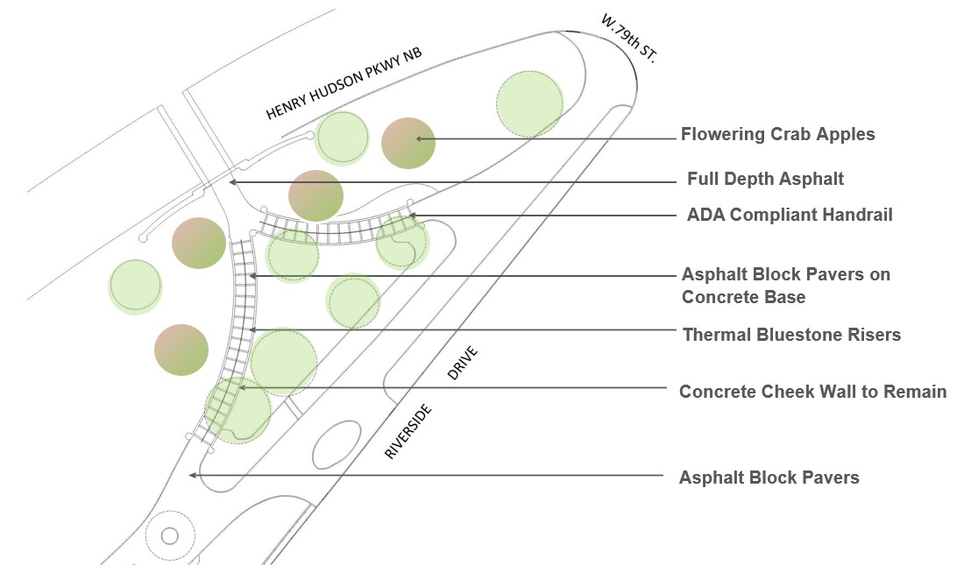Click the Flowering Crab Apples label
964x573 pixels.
777,135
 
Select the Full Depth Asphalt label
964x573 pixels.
765,180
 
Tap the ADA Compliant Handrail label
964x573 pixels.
790,215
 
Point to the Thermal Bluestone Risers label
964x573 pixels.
791,335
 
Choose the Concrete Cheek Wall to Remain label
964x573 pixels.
812,392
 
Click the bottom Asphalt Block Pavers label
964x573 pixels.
769,477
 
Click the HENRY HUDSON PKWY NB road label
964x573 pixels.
344,83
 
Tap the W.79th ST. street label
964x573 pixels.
628,36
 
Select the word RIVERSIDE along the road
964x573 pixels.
409,431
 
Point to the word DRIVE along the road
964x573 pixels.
464,363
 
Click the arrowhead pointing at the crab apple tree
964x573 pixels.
420,138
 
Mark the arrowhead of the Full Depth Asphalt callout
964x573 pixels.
231,182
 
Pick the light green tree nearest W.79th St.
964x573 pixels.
529,103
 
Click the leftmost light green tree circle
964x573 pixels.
136,286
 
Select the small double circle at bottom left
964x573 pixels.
169,534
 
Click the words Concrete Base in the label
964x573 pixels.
743,297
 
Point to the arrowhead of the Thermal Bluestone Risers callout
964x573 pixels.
252,329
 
